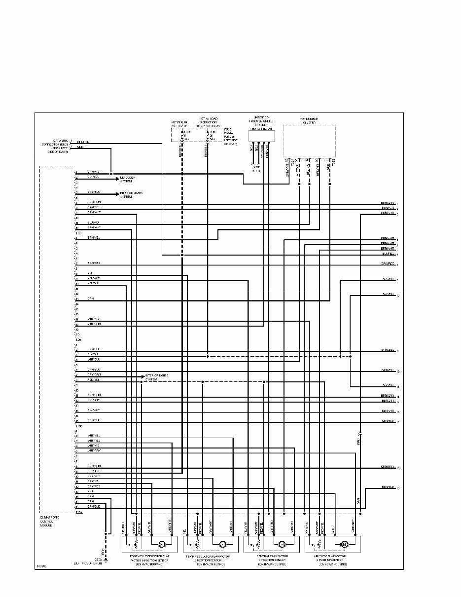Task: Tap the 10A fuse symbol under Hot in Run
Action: pyautogui.click(x=181, y=136)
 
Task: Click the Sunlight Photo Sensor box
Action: pyautogui.click(x=260, y=136)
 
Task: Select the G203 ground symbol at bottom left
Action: pyautogui.click(x=105, y=559)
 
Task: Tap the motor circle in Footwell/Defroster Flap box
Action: pyautogui.click(x=161, y=544)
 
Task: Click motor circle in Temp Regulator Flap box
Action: pyautogui.click(x=222, y=544)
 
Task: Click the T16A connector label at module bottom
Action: pyautogui.click(x=79, y=512)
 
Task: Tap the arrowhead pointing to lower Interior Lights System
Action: pyautogui.click(x=143, y=377)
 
